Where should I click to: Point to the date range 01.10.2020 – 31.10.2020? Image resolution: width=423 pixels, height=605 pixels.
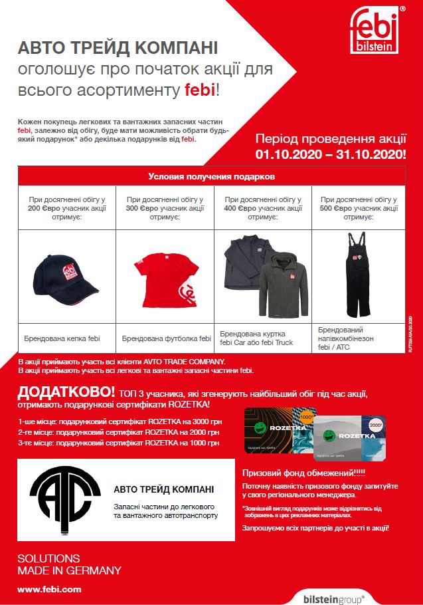click(331, 154)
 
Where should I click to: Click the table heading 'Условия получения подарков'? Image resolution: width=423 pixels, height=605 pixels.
click(211, 178)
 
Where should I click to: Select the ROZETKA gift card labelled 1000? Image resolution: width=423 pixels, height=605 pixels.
click(279, 430)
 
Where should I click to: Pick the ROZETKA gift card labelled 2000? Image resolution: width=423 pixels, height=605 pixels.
click(350, 438)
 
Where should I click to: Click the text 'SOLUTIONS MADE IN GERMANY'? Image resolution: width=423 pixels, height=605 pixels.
click(69, 564)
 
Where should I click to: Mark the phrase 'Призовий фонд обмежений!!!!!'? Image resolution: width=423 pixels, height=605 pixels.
click(295, 473)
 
